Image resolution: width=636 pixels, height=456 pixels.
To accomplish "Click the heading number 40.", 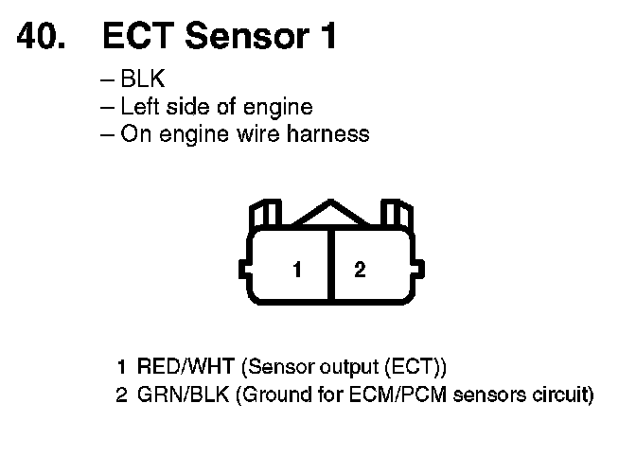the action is pyautogui.click(x=42, y=37).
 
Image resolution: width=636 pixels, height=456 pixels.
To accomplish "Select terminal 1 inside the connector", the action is pyautogui.click(x=297, y=270).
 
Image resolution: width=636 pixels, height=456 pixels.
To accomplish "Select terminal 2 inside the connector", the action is pyautogui.click(x=360, y=270).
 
